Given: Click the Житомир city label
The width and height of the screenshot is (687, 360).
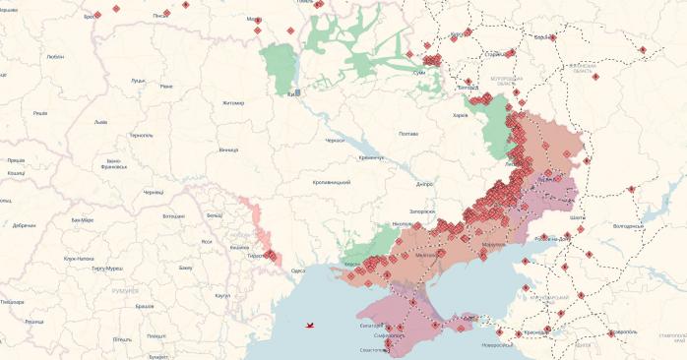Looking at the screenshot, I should (233, 102).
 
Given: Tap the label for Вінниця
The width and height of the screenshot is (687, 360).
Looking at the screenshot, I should (228, 150).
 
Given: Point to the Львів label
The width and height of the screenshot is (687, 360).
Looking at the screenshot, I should (100, 123).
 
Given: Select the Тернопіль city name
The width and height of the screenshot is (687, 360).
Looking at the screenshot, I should (141, 135).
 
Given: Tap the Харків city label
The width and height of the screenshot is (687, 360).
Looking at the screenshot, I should (460, 115).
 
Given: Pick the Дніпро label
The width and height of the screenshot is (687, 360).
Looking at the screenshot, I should (425, 184).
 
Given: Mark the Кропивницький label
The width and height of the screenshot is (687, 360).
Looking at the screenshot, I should (332, 183).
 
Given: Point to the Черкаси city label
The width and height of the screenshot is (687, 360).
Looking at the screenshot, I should (336, 141).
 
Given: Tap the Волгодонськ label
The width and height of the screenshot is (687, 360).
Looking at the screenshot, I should (628, 225).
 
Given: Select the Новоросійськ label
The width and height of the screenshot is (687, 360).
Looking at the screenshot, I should (497, 344).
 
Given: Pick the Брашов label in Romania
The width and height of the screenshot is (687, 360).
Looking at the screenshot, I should (144, 306).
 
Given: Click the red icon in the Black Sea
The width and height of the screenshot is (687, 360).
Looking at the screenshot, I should (311, 324).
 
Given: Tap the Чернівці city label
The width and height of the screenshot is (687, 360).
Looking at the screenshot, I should (154, 193).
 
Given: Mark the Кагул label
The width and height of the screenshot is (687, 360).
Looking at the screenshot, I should (222, 295).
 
